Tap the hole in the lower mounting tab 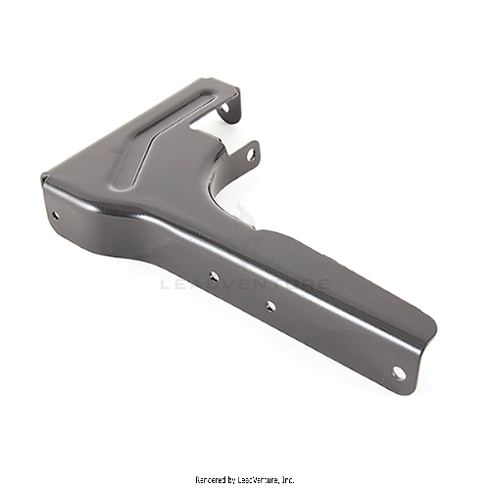pos(250,154)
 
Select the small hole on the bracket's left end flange pos(55,215)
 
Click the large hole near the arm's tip pos(398,373)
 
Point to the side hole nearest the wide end pos(214,276)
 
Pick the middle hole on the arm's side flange pos(270,306)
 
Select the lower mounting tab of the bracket pos(249,152)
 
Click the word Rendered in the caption pos(214,479)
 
